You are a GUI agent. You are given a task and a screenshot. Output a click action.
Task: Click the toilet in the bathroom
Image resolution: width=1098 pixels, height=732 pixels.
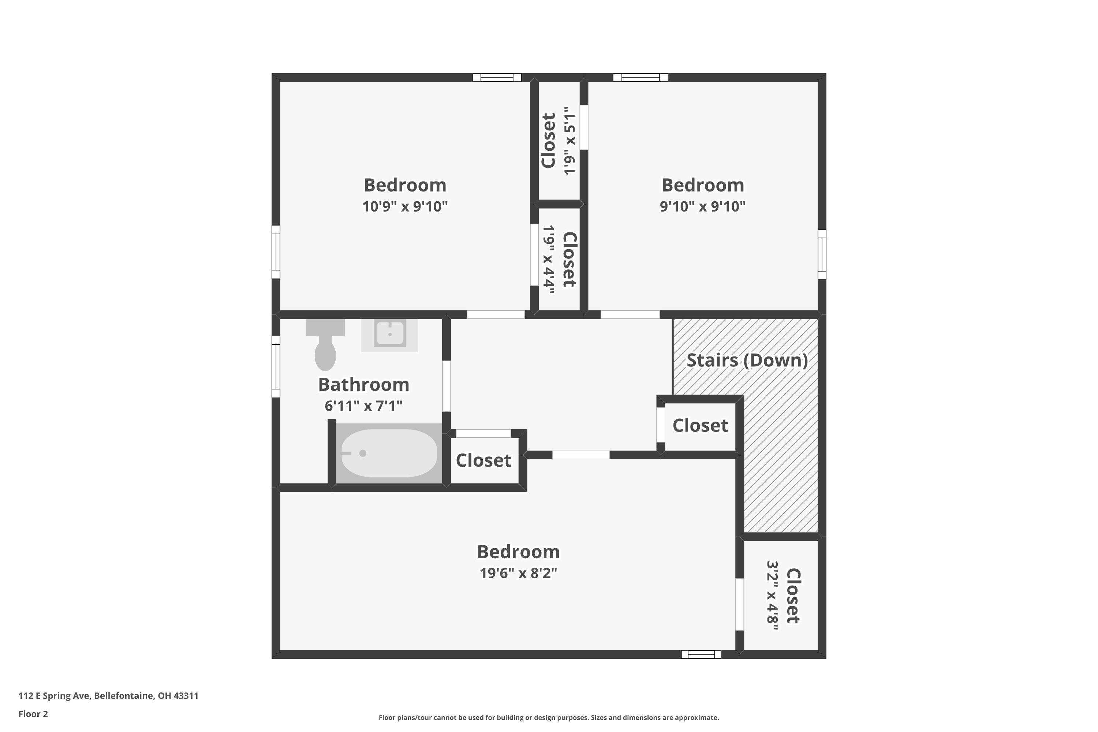pos(325,348)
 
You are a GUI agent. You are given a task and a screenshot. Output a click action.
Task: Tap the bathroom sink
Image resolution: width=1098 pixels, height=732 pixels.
pos(389,334)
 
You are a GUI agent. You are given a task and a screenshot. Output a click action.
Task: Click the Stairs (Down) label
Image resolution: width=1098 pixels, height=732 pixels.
pos(747,361)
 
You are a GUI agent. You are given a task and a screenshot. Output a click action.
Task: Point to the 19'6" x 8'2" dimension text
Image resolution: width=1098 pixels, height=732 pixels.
pos(518,573)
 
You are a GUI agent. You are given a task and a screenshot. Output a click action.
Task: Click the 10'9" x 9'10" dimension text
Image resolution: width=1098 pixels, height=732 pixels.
pos(405,206)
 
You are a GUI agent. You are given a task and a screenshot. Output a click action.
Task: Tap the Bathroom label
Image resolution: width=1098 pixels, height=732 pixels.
pos(364,385)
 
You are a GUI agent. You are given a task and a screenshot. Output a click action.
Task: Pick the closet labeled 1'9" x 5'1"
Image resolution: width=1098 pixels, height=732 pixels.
pos(559,141)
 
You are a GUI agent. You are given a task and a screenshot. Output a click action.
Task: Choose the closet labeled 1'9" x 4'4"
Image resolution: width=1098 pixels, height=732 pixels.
pos(559,259)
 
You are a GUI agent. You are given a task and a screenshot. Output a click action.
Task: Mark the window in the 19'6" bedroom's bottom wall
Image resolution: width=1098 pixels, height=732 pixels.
pos(701,654)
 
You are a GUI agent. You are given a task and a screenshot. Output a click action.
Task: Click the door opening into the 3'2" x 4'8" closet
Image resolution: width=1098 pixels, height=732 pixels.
pos(739,604)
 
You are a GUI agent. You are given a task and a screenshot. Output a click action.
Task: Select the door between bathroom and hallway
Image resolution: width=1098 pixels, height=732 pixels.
pos(446,386)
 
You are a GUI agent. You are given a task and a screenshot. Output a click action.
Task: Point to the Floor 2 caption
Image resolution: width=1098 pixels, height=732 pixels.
pos(33,714)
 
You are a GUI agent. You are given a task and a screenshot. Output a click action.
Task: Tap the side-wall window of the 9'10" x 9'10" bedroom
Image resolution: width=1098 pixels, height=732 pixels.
pos(822,254)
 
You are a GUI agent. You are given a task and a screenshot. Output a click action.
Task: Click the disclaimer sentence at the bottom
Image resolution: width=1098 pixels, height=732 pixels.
pos(549,717)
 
